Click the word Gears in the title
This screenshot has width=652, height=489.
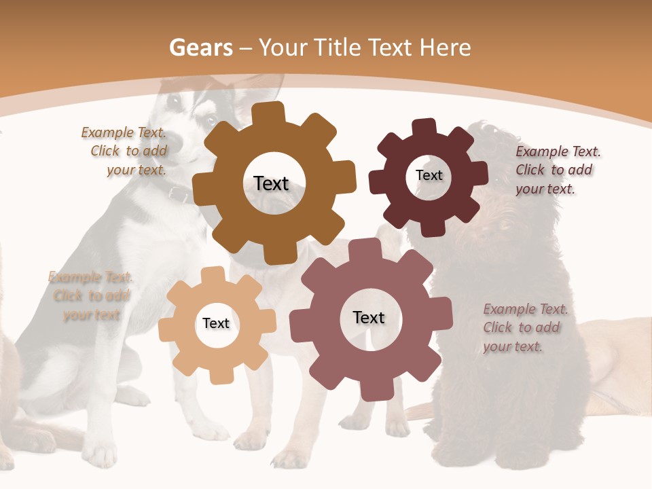pos(200,48)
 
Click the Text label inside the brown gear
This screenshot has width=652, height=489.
pos(271,183)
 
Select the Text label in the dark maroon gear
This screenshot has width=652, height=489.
pos(429,175)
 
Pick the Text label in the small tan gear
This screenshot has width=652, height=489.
pos(216,323)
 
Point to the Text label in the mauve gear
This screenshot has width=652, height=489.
pos(369,317)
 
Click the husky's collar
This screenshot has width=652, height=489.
pos(179,195)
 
